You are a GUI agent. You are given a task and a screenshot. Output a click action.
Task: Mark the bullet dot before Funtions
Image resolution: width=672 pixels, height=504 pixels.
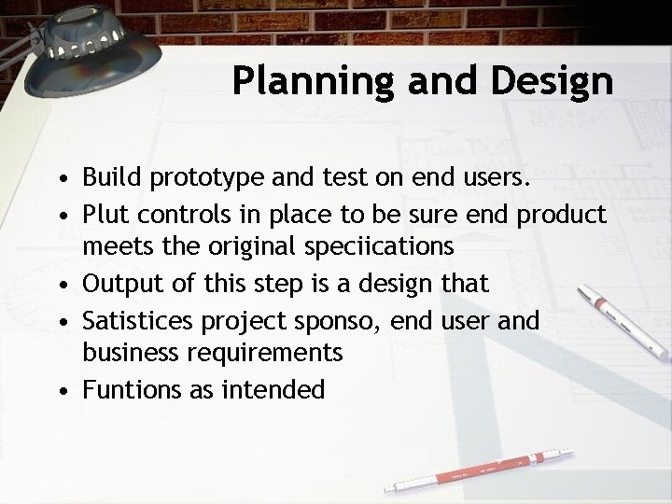click(62, 388)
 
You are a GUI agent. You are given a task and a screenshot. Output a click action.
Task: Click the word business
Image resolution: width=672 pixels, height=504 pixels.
click(132, 354)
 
